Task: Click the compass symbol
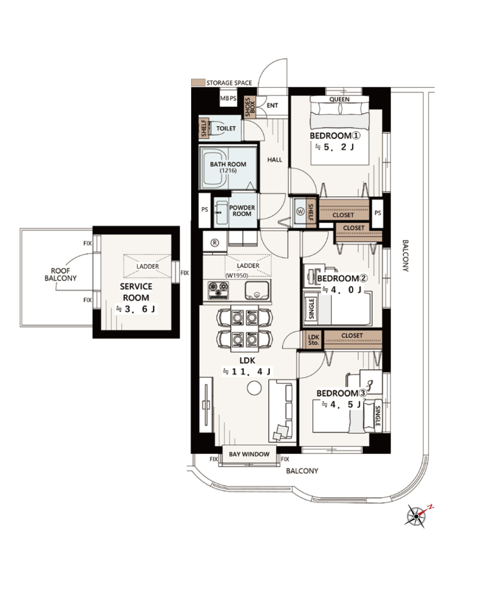pyautogui.click(x=418, y=515)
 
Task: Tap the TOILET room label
pyautogui.click(x=226, y=128)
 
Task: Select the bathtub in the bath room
pyautogui.click(x=214, y=168)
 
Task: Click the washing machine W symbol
pyautogui.click(x=300, y=211)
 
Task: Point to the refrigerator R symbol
pyautogui.click(x=215, y=243)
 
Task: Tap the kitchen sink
pyautogui.click(x=257, y=290)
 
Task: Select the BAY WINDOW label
pyautogui.click(x=249, y=454)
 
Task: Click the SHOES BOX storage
pyautogui.click(x=250, y=107)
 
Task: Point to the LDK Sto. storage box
pyautogui.click(x=314, y=340)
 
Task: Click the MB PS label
pyautogui.click(x=228, y=98)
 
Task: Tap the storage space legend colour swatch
pyautogui.click(x=198, y=82)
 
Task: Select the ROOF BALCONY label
pyautogui.click(x=61, y=274)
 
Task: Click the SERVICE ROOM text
pyautogui.click(x=136, y=292)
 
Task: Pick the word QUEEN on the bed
pyautogui.click(x=340, y=99)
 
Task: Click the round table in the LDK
pyautogui.click(x=254, y=389)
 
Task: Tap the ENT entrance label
pyautogui.click(x=272, y=106)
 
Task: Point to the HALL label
pyautogui.click(x=275, y=160)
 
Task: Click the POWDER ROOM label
pyautogui.click(x=242, y=211)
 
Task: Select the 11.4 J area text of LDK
pyautogui.click(x=247, y=372)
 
